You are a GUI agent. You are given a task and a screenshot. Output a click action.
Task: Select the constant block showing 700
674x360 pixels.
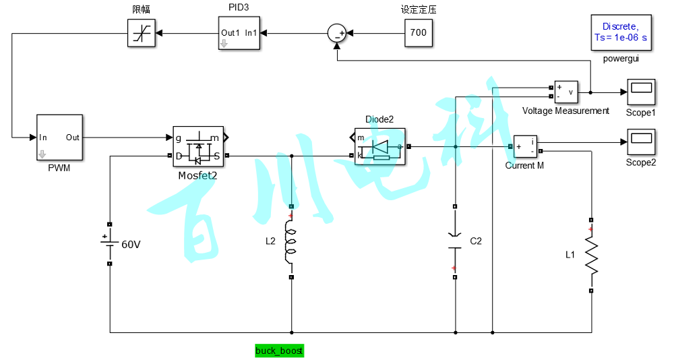(419, 32)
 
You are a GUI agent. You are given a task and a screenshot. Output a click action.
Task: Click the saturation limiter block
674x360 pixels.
(142, 32)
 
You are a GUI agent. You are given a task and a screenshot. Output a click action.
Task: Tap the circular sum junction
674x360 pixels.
(336, 32)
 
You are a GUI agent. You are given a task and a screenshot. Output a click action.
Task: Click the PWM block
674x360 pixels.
(59, 138)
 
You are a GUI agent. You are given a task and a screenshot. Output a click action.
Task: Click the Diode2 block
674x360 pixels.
(379, 146)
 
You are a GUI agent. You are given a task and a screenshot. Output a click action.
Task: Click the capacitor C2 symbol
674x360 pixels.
(455, 241)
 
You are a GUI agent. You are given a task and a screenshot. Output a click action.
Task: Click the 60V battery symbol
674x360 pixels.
(109, 244)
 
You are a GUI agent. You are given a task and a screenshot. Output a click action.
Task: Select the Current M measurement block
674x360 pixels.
(525, 146)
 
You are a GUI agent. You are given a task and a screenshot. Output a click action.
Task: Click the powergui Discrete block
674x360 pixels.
(620, 32)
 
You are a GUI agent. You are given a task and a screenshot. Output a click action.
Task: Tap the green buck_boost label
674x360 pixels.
(279, 351)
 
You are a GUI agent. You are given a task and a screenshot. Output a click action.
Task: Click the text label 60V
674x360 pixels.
(131, 244)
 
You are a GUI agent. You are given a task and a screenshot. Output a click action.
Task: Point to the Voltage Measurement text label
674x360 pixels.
(565, 111)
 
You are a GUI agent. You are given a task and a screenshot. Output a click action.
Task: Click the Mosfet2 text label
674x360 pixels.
(197, 175)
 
